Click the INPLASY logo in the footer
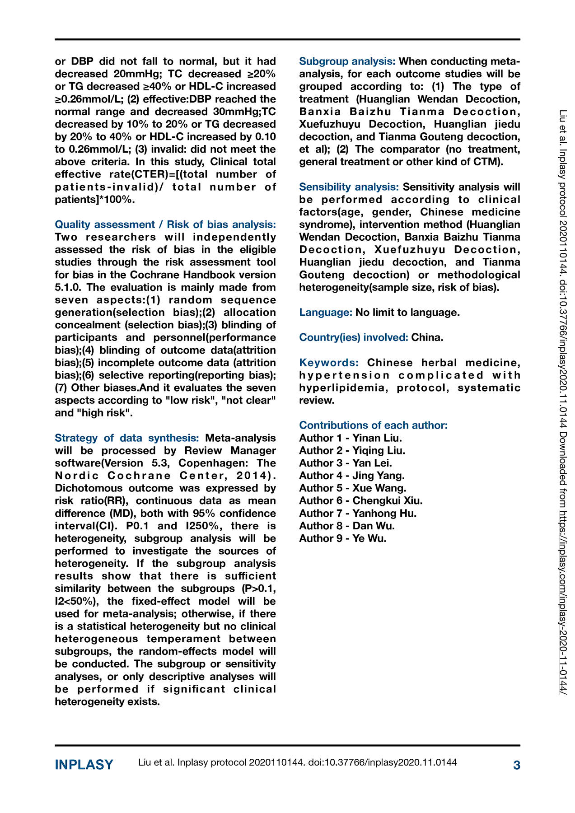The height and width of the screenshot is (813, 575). [84, 765]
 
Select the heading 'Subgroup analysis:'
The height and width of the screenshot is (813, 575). [347, 61]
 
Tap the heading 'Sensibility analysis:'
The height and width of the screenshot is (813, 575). [349, 187]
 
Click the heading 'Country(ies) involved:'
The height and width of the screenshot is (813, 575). [354, 337]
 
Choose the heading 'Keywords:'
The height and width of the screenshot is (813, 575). [329, 363]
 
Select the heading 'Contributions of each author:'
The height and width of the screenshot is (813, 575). [374, 425]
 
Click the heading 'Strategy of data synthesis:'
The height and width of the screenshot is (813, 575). [127, 438]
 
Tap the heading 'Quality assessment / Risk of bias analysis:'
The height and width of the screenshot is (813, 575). [165, 224]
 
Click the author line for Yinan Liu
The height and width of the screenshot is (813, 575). [351, 438]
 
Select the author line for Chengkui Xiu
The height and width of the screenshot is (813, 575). [361, 501]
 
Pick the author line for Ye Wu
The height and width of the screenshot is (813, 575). [343, 538]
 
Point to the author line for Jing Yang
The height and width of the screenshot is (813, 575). [352, 476]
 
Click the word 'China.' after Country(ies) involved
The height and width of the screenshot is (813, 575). [427, 337]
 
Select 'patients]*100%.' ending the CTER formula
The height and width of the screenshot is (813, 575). [95, 200]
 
